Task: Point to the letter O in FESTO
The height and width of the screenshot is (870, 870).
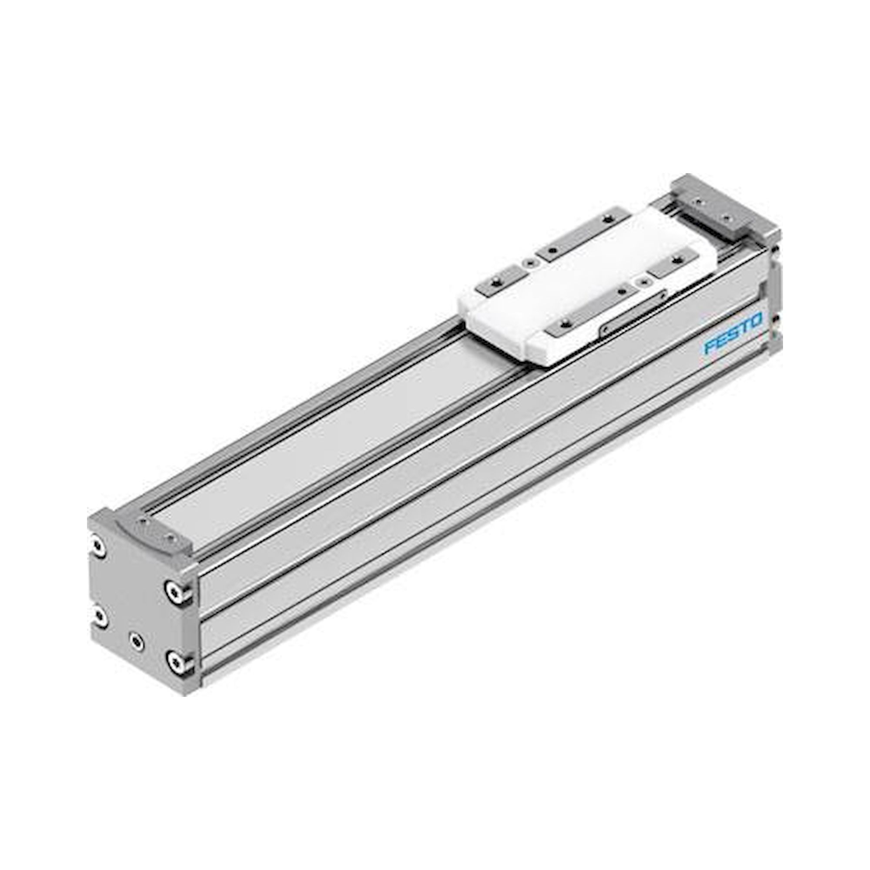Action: coord(755,321)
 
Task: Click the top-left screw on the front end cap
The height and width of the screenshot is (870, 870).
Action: coord(98,546)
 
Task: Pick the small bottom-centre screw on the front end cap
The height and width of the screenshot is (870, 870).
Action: coord(136,641)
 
